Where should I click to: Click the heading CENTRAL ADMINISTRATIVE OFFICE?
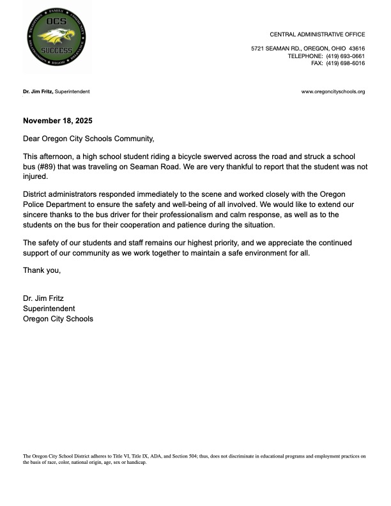pos(317,34)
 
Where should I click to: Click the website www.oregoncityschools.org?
pos(333,92)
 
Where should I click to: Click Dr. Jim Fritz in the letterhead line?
pos(38,92)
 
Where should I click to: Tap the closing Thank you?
pos(42,270)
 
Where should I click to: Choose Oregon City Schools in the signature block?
pos(57,318)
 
